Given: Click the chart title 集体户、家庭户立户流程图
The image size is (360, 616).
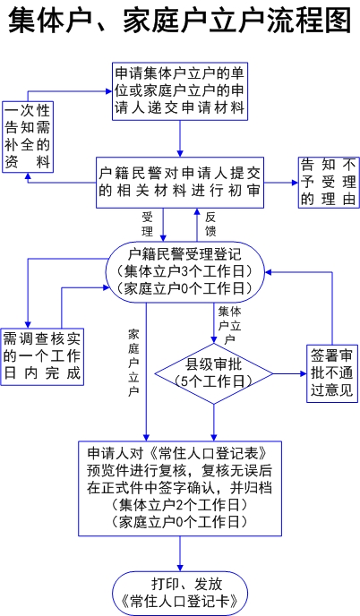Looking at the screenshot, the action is point(180,21).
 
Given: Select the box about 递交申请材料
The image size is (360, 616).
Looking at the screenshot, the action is point(180,91).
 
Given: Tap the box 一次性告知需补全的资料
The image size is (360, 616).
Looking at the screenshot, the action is point(28,137).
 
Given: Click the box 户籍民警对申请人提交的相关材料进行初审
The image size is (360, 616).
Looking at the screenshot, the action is point(180,183).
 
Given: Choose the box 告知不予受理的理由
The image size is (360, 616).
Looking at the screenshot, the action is point(329,183).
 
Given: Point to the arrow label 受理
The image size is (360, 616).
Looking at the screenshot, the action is point(148,224).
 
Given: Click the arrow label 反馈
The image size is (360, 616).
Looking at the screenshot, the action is point(210,224).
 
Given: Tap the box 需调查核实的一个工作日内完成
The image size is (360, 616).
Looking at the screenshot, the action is point(42,356).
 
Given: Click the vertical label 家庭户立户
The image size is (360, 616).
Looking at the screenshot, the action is point(133,363).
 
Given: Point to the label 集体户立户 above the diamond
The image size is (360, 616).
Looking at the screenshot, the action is point(229,326).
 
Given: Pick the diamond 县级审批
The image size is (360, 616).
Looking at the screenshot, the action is point(214,373).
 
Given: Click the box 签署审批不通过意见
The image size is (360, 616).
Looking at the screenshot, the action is point(332,373).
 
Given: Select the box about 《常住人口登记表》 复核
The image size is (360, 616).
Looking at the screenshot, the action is point(180,488).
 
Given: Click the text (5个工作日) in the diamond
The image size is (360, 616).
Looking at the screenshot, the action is point(214,381).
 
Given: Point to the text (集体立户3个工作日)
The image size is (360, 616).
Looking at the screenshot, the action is point(184,271).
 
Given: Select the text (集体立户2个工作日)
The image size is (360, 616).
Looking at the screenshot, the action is point(180,505).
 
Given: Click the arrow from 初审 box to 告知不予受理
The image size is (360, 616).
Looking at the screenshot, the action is point(281,183).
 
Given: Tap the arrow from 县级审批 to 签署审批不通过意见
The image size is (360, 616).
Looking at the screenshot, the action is point(290,373).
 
